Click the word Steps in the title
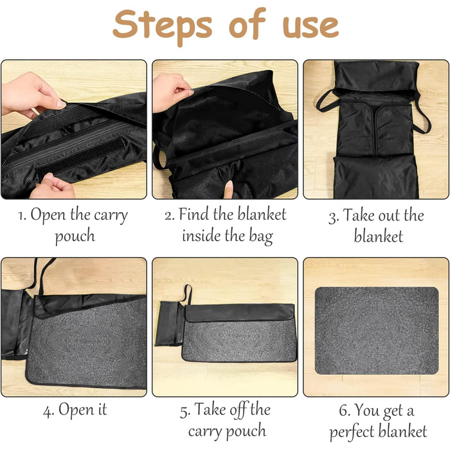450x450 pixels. click(163, 26)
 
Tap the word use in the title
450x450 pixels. click(311, 27)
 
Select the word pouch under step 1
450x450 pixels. click(75, 237)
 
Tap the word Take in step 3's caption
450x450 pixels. click(359, 215)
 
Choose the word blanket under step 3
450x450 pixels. click(378, 236)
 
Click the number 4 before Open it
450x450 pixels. click(48, 411)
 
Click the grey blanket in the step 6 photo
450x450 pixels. click(377, 330)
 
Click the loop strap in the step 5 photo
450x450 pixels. click(187, 294)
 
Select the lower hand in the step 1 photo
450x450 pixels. click(53, 186)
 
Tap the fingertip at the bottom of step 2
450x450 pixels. click(228, 190)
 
